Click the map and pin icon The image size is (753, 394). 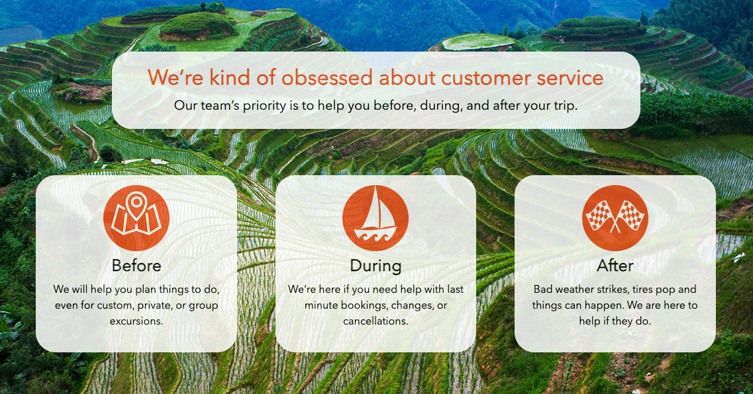point(136,218)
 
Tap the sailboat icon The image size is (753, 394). point(376,218)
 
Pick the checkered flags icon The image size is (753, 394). point(615,218)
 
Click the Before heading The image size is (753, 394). point(136,266)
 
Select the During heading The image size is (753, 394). point(376,266)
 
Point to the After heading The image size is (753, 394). point(615,266)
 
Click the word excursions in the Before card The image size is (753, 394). point(136,321)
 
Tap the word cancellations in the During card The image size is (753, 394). point(376,321)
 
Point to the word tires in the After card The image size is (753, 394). point(642,290)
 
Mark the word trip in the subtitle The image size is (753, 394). point(566,106)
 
